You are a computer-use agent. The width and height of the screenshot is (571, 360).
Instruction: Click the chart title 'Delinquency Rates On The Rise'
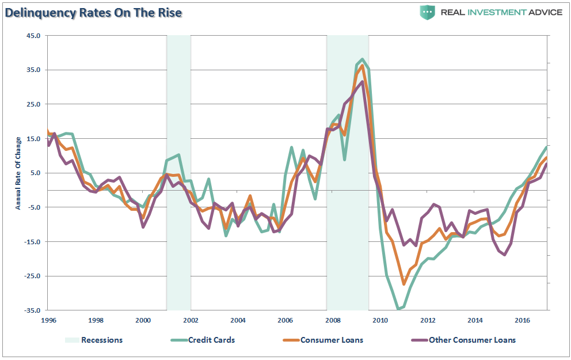pos(94,13)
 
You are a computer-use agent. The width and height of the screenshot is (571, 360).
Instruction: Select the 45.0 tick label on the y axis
pos(32,36)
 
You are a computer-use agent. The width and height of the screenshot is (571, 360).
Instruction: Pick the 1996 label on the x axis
pos(48,320)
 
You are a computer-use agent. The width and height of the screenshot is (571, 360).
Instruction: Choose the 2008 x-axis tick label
pos(333,320)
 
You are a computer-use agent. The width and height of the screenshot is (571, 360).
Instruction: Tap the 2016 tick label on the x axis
pos(522,320)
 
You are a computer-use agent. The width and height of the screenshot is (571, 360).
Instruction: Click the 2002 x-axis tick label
pos(191,320)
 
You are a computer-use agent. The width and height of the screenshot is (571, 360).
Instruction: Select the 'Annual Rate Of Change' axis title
pos(18,173)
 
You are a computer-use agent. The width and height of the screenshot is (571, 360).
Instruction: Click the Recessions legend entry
pos(102,340)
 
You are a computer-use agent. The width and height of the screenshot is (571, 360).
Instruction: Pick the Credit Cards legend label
pos(211,340)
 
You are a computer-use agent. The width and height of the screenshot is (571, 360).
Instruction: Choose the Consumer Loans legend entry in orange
pos(332,340)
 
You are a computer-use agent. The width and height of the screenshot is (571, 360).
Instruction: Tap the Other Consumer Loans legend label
pos(472,340)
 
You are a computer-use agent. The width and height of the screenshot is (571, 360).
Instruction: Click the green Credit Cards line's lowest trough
pos(398,309)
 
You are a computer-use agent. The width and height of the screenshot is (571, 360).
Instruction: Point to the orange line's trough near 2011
pos(404,284)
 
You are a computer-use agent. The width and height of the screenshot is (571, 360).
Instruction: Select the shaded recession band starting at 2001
pos(178,173)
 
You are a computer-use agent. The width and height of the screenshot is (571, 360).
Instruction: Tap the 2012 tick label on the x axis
pos(427,320)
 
